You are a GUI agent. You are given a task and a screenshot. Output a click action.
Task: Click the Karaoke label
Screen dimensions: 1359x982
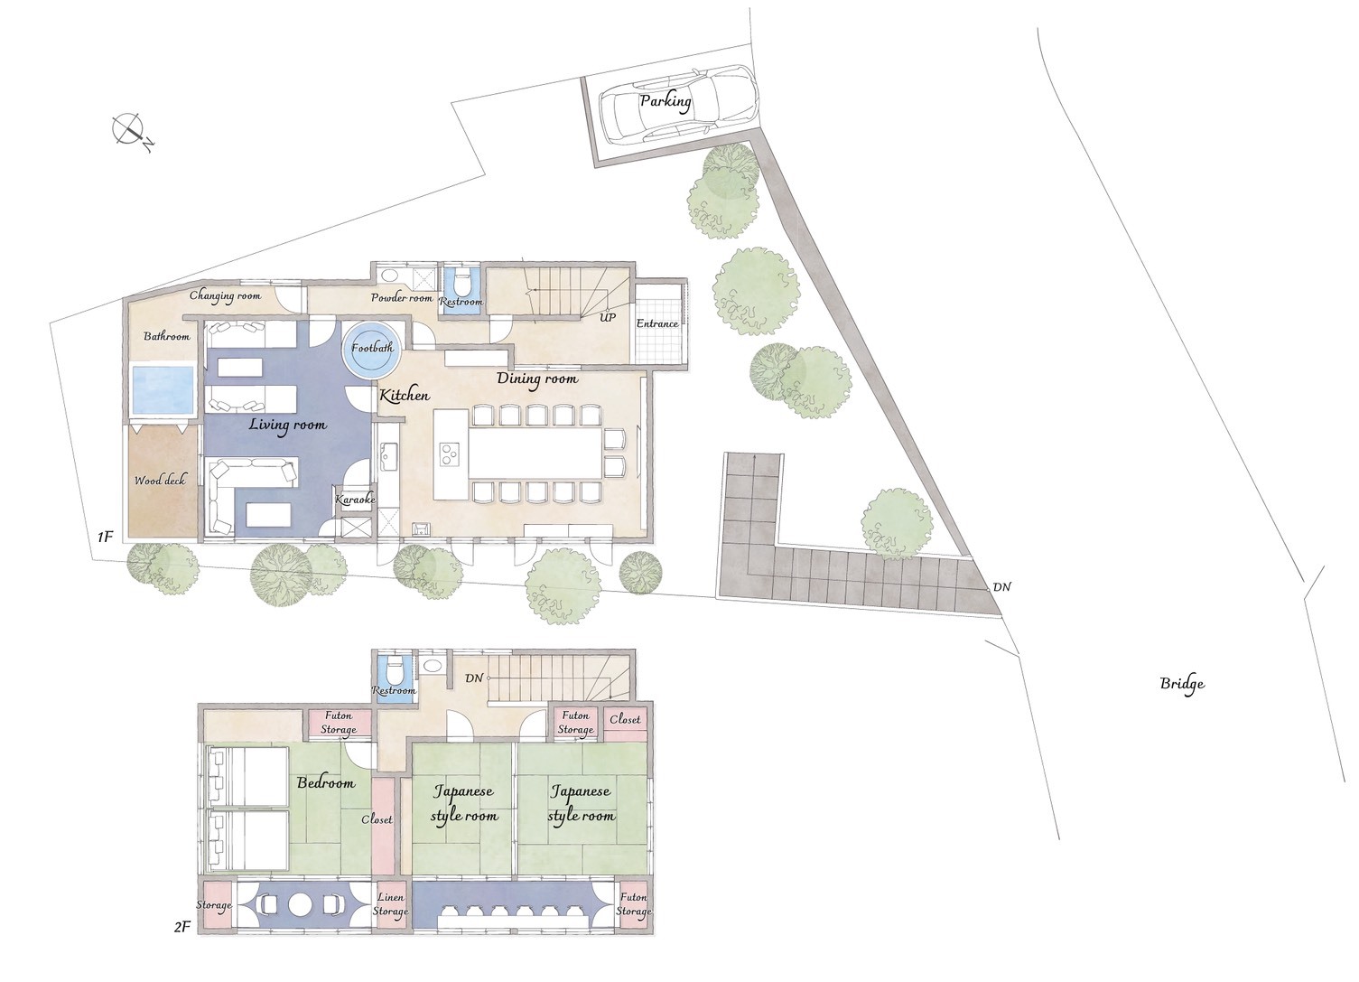(356, 500)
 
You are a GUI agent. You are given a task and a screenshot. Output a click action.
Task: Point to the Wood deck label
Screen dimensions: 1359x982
(160, 481)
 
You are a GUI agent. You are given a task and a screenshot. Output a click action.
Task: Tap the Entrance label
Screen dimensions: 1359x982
(657, 323)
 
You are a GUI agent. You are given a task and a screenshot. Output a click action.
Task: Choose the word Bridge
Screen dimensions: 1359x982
(1182, 684)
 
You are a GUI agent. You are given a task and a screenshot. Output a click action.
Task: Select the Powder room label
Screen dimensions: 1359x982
(402, 298)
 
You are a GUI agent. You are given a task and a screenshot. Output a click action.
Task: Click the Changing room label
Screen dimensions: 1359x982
(225, 296)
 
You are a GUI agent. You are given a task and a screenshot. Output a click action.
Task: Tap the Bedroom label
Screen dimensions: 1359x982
(326, 783)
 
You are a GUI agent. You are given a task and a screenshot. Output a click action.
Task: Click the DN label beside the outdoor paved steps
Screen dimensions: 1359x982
(1001, 587)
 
